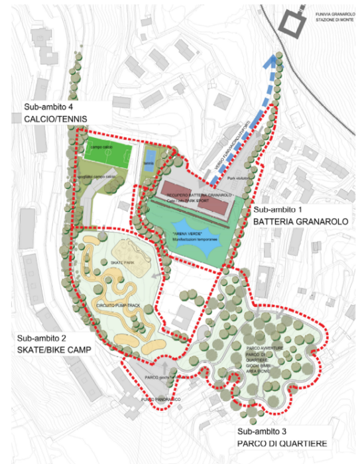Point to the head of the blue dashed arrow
[x=269, y=63]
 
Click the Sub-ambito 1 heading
[x=278, y=211]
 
